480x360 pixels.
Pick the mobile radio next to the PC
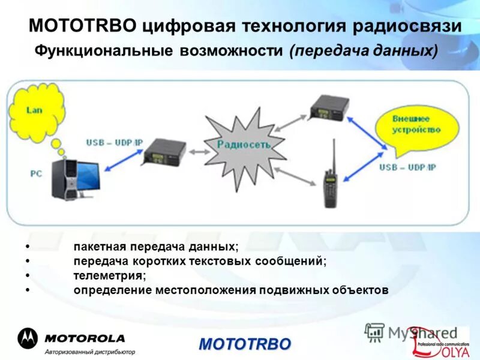[163, 151]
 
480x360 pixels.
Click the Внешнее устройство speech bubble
[416, 125]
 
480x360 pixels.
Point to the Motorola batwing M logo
[27, 338]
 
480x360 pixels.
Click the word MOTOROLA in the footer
[84, 338]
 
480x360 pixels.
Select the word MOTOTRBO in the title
[83, 26]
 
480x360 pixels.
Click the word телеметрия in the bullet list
[109, 275]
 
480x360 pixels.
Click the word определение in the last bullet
[113, 290]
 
